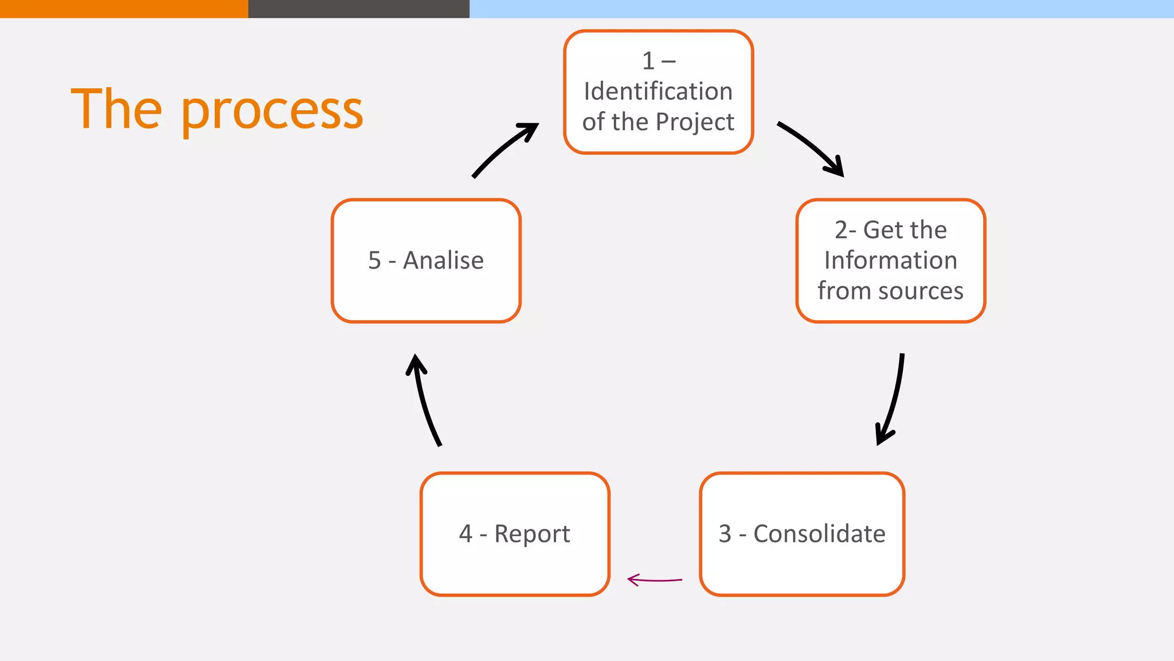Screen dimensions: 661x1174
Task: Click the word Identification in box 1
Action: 658,92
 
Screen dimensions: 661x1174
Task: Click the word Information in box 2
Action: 890,260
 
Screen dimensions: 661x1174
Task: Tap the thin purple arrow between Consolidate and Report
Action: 655,580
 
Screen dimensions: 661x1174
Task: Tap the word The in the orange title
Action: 116,109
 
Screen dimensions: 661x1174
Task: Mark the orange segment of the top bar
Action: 123,9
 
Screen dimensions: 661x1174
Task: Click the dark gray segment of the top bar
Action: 358,9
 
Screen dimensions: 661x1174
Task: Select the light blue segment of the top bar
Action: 821,9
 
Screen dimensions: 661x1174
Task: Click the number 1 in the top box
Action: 648,61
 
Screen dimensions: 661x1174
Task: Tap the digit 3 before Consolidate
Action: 725,534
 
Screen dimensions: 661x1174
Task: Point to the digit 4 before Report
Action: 465,534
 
